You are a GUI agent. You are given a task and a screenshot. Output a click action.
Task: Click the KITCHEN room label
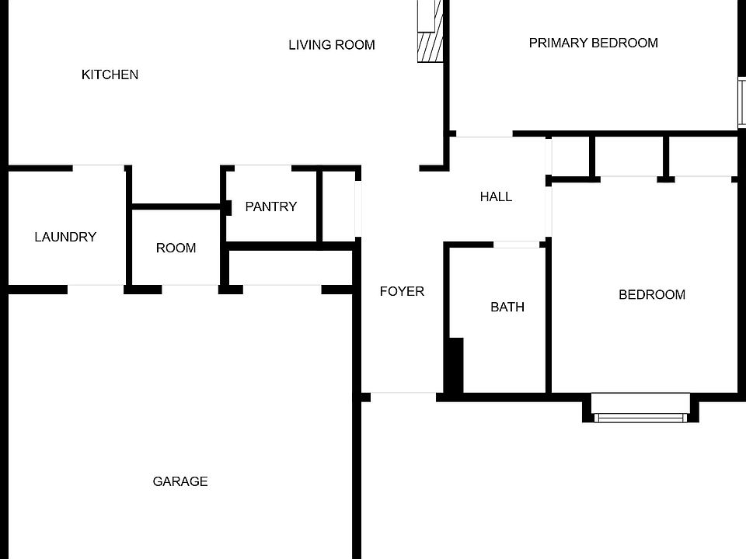110,75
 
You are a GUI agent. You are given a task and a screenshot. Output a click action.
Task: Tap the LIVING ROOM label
332,45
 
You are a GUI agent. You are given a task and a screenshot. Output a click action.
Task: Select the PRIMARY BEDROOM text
593,43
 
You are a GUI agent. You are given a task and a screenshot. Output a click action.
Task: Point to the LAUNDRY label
65,237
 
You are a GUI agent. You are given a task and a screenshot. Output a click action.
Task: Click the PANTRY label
270,207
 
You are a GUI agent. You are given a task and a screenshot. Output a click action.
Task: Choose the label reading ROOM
176,248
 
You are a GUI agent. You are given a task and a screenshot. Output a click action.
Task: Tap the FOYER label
402,291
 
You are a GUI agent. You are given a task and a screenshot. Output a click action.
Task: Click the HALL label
496,196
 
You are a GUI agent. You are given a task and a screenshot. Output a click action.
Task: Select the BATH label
507,307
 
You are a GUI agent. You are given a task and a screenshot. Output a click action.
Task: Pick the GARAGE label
180,481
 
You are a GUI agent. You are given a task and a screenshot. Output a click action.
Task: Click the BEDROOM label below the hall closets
651,294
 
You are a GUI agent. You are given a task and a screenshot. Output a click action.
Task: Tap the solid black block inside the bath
455,365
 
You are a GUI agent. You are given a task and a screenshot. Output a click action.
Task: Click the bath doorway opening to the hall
518,245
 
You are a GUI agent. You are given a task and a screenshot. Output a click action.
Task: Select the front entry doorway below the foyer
403,397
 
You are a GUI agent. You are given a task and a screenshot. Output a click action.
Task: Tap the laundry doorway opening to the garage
96,290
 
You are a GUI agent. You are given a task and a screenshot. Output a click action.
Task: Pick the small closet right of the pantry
339,207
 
